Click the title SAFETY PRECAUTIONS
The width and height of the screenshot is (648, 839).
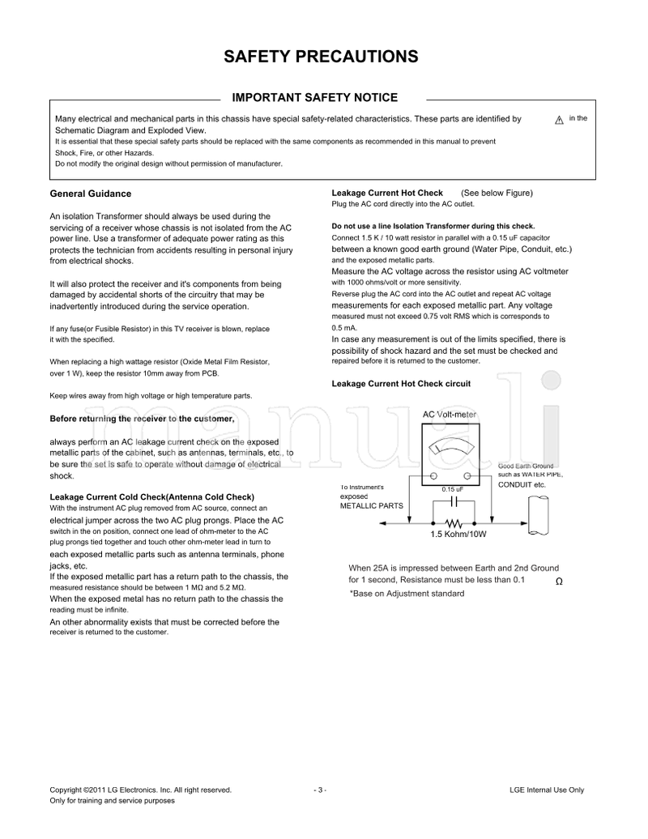pos(321,56)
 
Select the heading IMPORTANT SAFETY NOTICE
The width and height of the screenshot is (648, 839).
pos(315,98)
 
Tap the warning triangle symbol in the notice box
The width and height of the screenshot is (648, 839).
pos(559,120)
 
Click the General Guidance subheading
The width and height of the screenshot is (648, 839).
pos(91,194)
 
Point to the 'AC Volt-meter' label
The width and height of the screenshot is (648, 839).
pos(450,415)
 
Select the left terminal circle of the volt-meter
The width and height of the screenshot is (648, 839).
pos(433,476)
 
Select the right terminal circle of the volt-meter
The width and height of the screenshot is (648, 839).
pos(469,476)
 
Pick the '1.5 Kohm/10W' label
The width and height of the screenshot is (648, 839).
pos(458,535)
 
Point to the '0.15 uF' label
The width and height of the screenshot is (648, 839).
pos(452,490)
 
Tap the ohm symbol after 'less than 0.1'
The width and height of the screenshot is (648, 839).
pos(559,582)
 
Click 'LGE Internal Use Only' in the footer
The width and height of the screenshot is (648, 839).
pos(546,790)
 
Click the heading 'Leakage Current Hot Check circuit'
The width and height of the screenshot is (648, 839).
pos(401,383)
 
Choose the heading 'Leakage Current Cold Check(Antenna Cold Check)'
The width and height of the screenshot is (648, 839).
pos(152,496)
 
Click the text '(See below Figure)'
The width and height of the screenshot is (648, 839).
pos(497,193)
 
